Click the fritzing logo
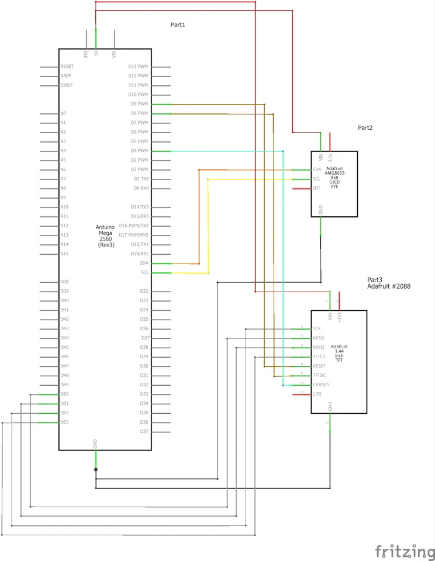[405, 550]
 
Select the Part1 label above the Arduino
[178, 25]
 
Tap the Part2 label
[365, 127]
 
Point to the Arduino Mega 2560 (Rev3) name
[106, 236]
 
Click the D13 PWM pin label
[139, 67]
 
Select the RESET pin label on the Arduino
[67, 67]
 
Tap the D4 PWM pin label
[140, 151]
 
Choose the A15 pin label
[64, 254]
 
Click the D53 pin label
[64, 422]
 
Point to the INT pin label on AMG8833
[316, 188]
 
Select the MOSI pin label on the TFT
[319, 347]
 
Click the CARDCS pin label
[322, 385]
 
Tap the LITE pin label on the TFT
[317, 394]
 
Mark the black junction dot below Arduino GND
[96, 469]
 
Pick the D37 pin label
[144, 431]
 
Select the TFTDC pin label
[319, 375]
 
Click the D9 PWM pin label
[140, 104]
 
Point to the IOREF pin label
[67, 85]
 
